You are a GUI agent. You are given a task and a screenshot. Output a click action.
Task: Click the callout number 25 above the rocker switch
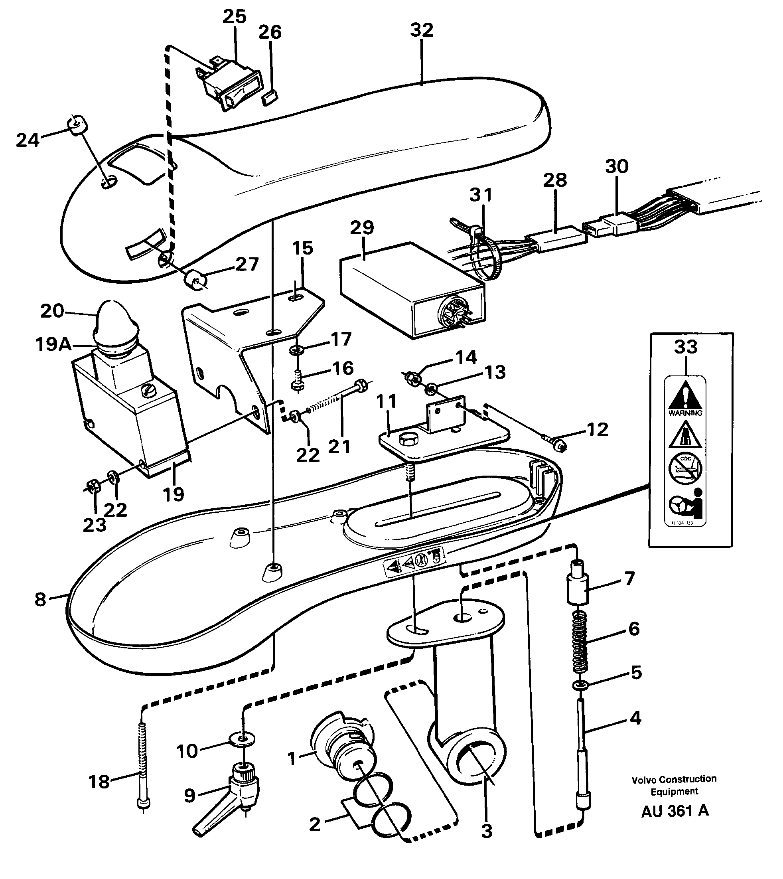[x=235, y=17]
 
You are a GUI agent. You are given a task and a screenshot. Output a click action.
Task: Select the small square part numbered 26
[x=270, y=99]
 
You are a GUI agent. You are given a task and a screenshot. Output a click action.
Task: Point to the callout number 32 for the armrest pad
[x=422, y=30]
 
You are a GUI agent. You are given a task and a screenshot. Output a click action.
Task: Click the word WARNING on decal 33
[x=685, y=413]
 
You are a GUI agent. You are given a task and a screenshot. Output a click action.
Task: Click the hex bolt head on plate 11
[x=406, y=439]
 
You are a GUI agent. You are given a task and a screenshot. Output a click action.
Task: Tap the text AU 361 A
[x=675, y=811]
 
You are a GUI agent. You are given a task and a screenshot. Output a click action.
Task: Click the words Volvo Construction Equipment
[x=674, y=785]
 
